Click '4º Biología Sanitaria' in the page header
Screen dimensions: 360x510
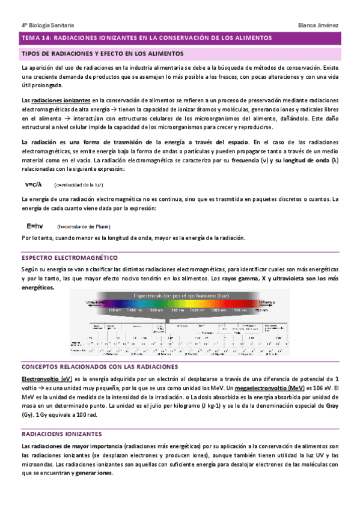pyautogui.click(x=47, y=25)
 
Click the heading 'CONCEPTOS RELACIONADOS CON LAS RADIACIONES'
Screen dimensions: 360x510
pyautogui.click(x=99, y=366)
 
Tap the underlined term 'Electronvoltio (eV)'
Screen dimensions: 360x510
pyautogui.click(x=47, y=379)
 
